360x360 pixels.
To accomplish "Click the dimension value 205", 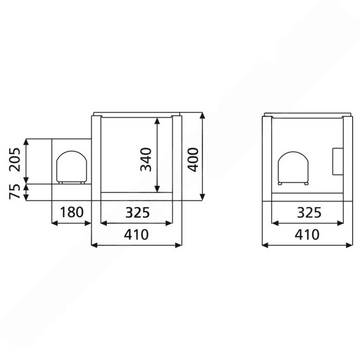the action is point(14,160).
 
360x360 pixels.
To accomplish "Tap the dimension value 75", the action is point(14,192).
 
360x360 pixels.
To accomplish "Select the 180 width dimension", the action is point(72,212).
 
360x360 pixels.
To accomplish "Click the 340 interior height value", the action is point(146,160).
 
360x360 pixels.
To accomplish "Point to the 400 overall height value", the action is point(193,160).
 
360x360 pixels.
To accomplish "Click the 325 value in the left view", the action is point(137,212).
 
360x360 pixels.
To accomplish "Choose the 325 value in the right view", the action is point(309,212).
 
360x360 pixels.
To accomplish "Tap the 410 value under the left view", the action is point(136,235).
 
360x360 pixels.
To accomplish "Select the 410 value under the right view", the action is point(307,235).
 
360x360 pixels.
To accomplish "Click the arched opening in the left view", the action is point(72,151).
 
